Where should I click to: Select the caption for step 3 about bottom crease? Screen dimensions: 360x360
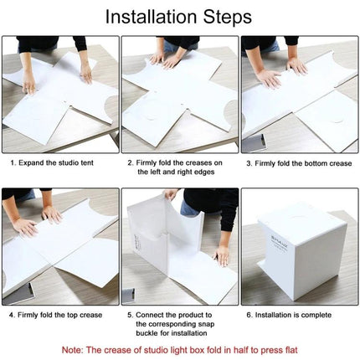tap(300, 164)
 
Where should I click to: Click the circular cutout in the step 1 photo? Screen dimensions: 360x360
tap(34, 122)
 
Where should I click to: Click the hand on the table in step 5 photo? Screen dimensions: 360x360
tap(222, 257)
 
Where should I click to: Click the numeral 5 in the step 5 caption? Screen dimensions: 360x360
tap(130, 315)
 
